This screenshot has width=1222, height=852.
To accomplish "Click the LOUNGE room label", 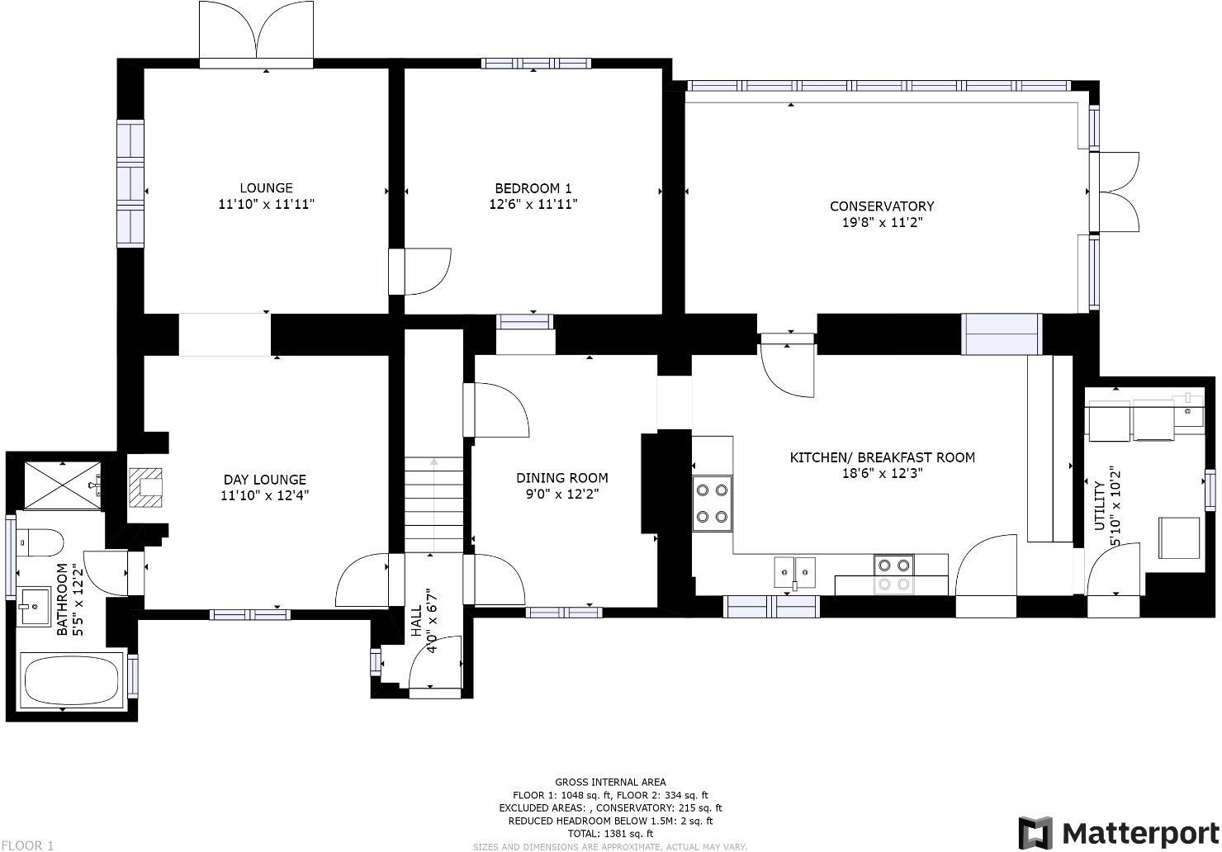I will [266, 188].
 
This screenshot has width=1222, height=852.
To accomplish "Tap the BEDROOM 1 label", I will [533, 188].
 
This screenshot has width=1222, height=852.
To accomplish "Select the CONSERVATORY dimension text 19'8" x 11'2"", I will [881, 222].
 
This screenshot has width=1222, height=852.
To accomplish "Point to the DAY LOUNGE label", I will [264, 480].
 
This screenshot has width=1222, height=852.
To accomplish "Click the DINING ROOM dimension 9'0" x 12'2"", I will [561, 494].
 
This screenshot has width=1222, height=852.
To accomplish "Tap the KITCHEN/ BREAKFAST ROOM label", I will [882, 457].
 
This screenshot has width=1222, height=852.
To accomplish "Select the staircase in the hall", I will [433, 504].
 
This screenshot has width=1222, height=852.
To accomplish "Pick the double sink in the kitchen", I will [794, 570].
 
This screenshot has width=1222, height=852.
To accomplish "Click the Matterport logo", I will [1118, 831].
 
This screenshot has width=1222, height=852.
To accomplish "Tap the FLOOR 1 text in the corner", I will [27, 845].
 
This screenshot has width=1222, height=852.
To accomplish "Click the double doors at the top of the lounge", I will [256, 33].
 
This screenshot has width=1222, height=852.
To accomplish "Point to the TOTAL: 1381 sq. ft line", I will [610, 834].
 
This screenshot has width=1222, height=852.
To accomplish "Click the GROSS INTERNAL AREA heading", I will [610, 782].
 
